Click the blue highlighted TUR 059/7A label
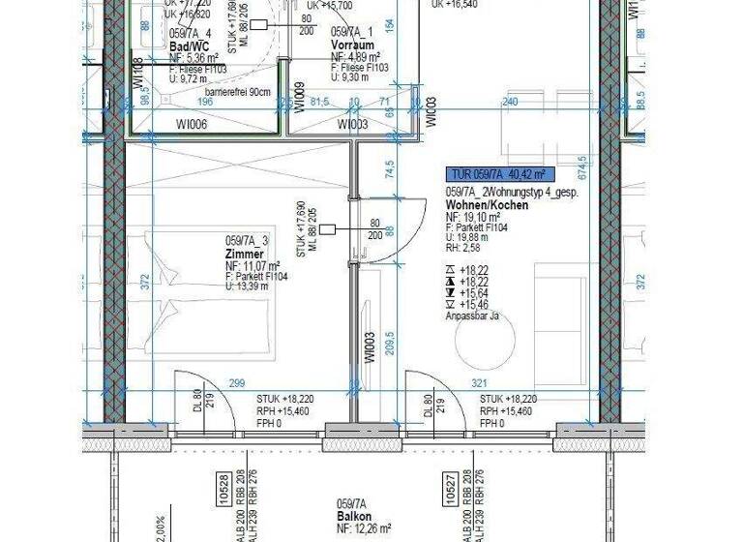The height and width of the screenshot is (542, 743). tap(498, 175)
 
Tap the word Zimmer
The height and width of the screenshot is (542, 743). tap(244, 254)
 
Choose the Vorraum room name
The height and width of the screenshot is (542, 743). tap(352, 45)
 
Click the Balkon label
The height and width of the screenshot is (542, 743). tap(354, 517)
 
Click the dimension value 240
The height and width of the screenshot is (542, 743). tap(512, 101)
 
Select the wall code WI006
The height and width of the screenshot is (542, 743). tap(192, 125)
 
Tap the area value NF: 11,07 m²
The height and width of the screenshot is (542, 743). tap(253, 265)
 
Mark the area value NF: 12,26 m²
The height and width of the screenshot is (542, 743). tap(364, 528)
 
